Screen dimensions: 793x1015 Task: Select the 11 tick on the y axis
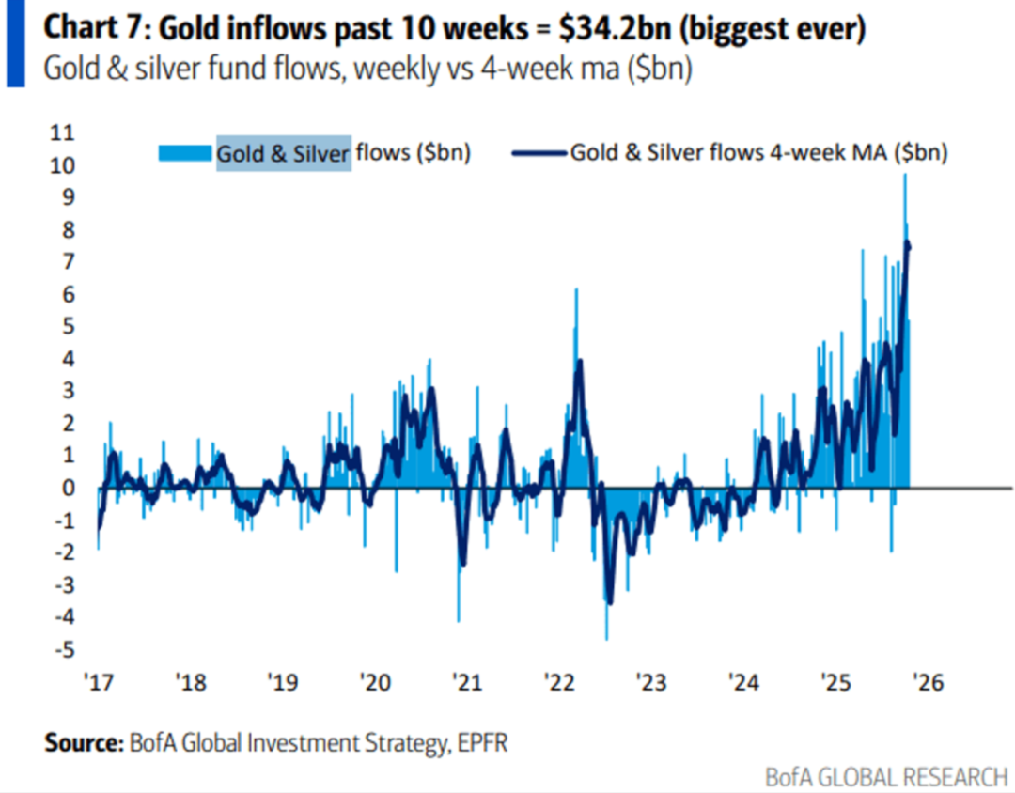tap(62, 132)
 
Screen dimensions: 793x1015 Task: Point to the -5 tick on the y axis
tap(62, 649)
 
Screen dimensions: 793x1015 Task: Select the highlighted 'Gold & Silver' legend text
tap(284, 152)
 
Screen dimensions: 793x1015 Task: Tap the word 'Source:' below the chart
tap(83, 743)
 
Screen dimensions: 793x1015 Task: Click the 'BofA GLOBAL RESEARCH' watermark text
tap(885, 778)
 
